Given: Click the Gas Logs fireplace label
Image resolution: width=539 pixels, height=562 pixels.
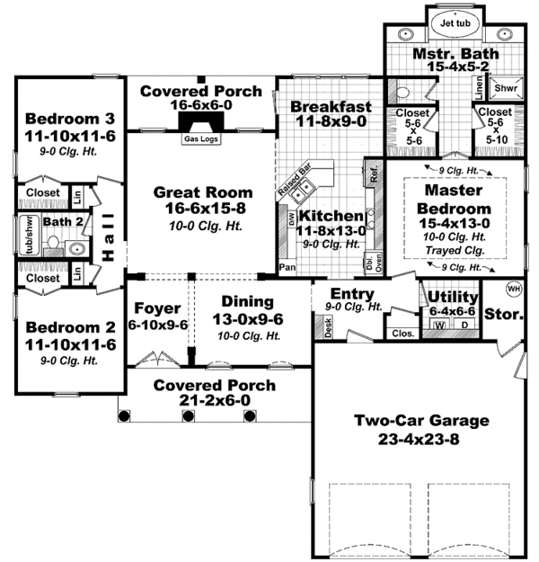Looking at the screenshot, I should [199, 139].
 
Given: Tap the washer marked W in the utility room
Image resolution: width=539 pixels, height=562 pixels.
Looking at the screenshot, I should [440, 326].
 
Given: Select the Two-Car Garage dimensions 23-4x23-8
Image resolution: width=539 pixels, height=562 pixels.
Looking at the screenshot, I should [420, 437].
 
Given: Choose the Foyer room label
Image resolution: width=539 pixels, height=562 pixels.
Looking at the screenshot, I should [156, 308].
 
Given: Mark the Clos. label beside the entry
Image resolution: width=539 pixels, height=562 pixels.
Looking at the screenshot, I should [401, 332].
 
